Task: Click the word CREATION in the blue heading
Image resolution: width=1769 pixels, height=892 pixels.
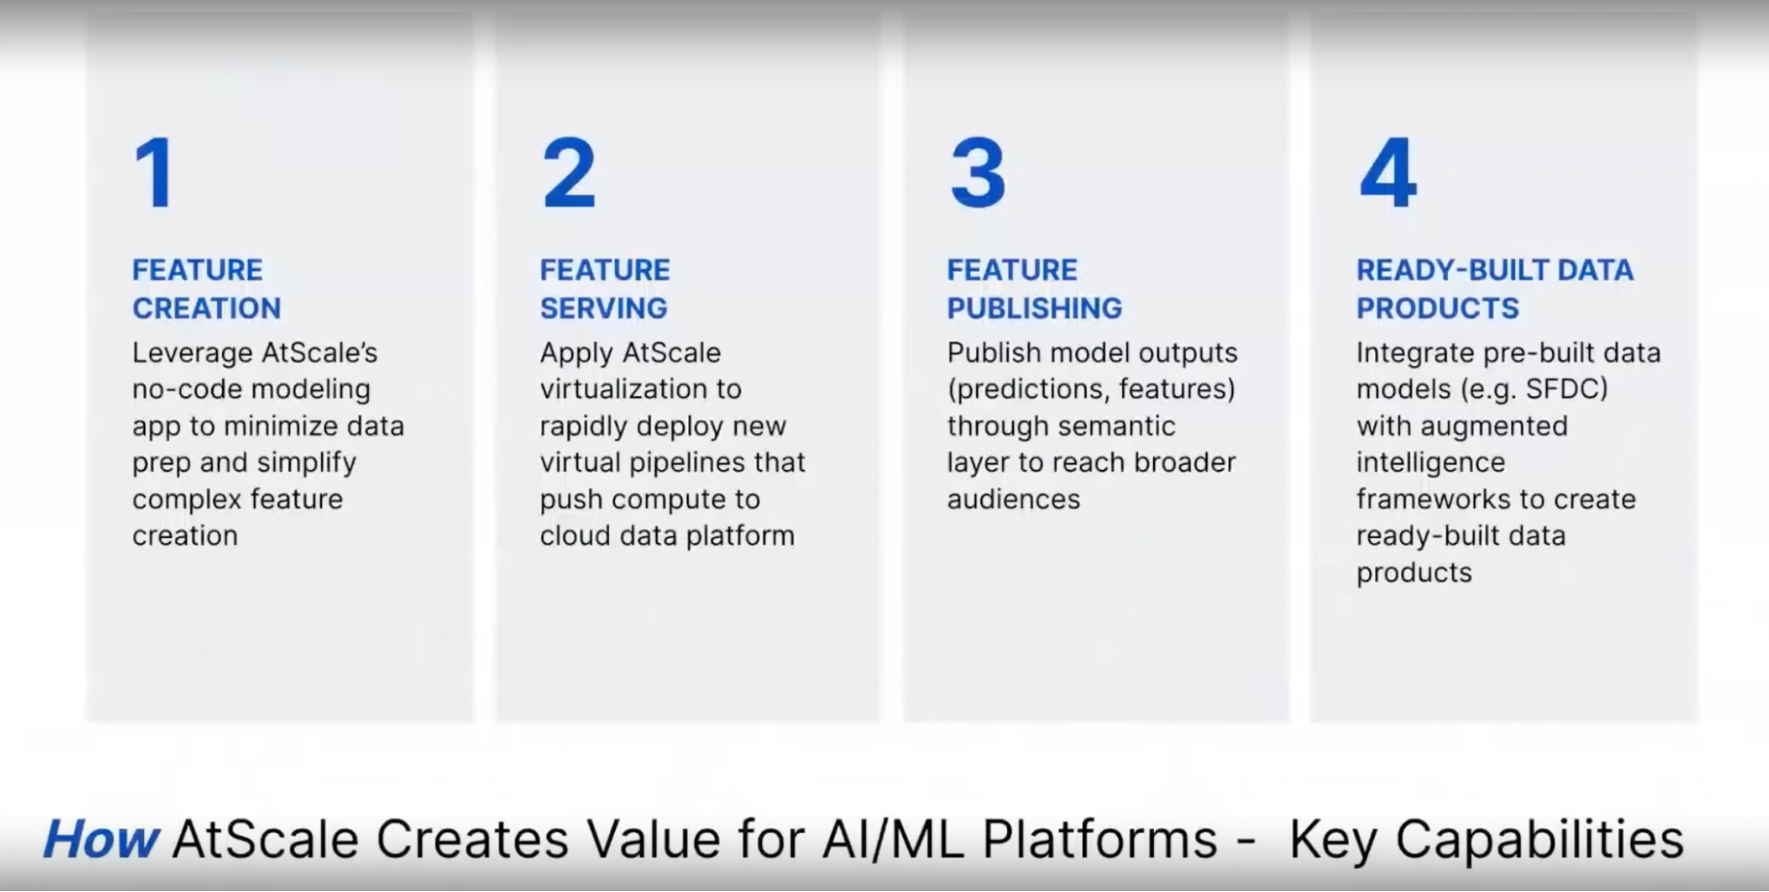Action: (206, 308)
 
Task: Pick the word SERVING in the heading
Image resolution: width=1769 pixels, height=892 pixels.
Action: (604, 308)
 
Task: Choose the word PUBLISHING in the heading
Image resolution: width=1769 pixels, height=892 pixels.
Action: (1034, 308)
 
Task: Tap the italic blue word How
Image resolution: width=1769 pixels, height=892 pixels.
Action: (100, 839)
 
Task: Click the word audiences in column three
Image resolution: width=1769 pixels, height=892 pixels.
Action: (1013, 500)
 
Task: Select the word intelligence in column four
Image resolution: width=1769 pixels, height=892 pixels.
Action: (1430, 463)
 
